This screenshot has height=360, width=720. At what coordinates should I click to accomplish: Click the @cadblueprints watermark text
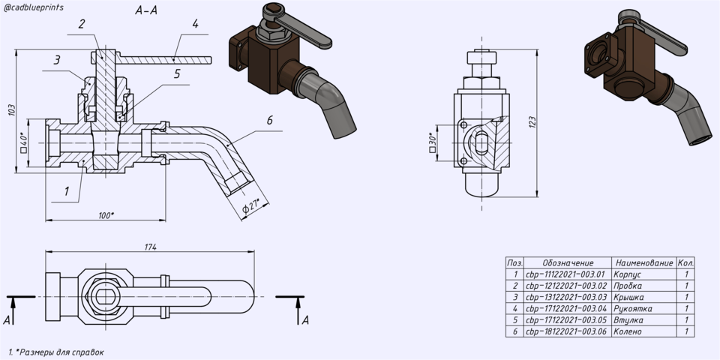point(34,7)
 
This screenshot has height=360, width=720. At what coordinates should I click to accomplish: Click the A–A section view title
point(146,10)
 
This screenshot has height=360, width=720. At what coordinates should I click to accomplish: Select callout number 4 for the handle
point(195,24)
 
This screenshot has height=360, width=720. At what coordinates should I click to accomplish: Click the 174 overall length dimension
point(151,247)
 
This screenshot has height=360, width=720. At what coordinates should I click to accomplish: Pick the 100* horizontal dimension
point(106,215)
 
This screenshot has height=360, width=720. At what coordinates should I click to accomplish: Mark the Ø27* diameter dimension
point(251,205)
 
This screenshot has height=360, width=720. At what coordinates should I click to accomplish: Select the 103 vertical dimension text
point(11,110)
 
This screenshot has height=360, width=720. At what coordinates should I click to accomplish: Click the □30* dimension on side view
point(432,142)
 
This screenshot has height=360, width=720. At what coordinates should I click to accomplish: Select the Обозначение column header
point(568,263)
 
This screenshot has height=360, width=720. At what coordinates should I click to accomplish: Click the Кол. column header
point(685,263)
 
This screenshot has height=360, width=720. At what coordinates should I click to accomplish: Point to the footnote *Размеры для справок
point(56,352)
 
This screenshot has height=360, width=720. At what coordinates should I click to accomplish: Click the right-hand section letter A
point(305,320)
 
